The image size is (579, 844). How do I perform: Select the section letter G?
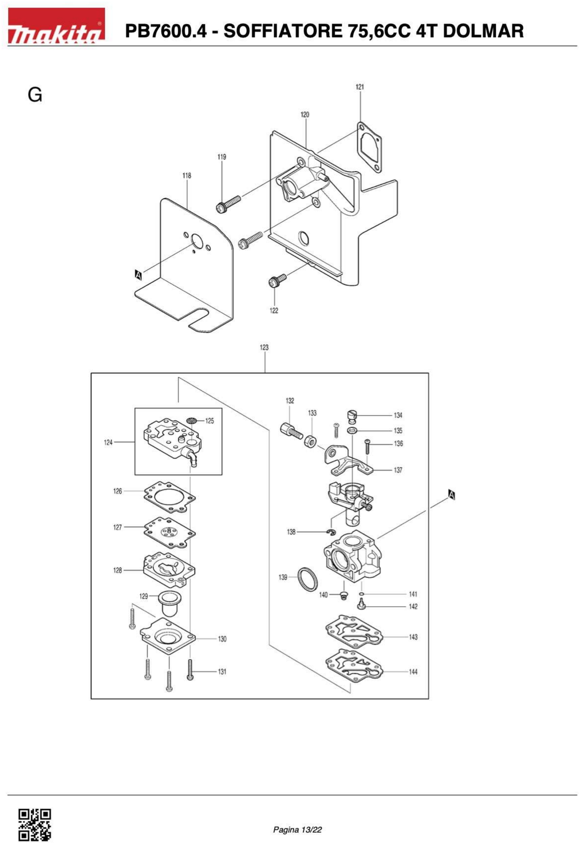pyautogui.click(x=35, y=95)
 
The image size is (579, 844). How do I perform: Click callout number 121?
pyautogui.click(x=360, y=87)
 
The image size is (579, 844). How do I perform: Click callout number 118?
pyautogui.click(x=187, y=175)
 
